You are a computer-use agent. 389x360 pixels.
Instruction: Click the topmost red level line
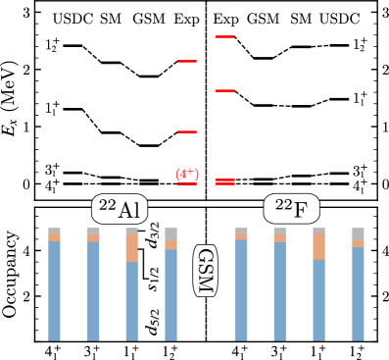point(224,36)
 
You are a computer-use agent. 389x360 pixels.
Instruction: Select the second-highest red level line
point(187,61)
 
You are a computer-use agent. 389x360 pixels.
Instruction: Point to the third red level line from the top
point(224,90)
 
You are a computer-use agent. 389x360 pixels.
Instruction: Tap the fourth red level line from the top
point(187,131)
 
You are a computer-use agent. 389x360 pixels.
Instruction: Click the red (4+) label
point(187,174)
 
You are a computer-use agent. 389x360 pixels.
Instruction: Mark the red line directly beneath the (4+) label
point(187,183)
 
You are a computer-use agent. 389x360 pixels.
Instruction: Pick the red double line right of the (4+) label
point(224,181)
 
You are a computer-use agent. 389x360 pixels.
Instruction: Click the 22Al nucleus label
point(120,209)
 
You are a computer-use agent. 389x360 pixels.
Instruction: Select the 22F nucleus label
point(291,208)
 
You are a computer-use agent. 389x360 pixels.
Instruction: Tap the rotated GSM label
point(205,270)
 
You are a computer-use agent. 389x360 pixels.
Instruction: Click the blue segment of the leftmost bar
point(54,290)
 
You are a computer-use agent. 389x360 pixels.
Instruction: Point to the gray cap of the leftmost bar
point(54,231)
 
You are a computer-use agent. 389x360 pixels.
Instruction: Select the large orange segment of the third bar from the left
point(132,248)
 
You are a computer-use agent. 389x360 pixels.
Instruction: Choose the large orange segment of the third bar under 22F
point(318,246)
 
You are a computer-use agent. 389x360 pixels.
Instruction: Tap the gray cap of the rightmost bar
point(358,233)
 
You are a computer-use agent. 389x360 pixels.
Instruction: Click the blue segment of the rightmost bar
point(358,293)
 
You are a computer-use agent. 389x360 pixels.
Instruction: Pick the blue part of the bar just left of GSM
point(170,294)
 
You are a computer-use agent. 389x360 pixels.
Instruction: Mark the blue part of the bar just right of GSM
point(241,290)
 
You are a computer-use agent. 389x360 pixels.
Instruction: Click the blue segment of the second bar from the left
point(93,291)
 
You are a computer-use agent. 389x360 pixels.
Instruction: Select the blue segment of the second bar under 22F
point(279,291)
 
